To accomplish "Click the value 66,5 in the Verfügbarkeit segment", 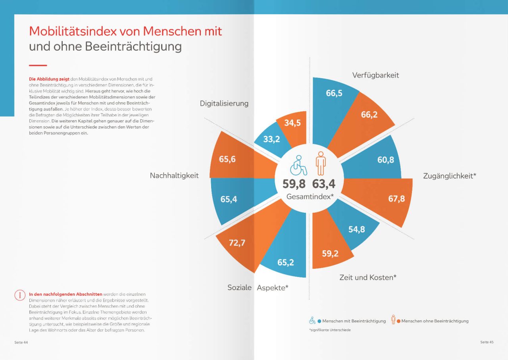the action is click(334, 93).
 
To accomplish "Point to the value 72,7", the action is click(237, 243).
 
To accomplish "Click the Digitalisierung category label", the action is click(224, 104).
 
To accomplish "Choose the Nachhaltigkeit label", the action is click(174, 175).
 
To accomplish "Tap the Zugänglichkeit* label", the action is click(450, 176).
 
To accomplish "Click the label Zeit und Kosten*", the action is click(368, 277).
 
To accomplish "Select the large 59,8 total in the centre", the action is click(294, 184).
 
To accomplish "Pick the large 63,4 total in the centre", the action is click(323, 184).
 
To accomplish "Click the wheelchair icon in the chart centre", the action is click(298, 166).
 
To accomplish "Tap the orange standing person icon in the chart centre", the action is click(321, 163).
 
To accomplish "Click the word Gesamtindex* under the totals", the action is click(310, 196).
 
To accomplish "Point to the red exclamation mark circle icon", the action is click(20, 295).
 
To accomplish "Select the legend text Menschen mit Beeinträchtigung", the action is click(354, 321).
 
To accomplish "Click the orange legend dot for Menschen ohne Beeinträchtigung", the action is click(398, 321).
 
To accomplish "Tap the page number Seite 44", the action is click(21, 342).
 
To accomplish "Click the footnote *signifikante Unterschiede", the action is click(330, 330).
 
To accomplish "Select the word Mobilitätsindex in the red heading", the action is click(73, 31).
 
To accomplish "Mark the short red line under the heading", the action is click(38, 65).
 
